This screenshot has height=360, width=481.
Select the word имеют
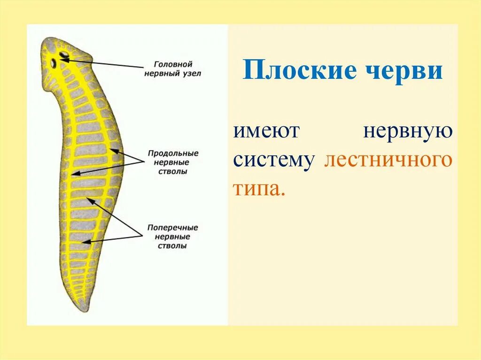click(266, 131)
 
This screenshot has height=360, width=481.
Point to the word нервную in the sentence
click(408, 131)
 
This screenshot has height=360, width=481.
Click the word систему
click(274, 161)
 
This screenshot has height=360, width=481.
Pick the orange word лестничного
click(388, 161)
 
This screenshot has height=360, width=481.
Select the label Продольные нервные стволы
click(173, 162)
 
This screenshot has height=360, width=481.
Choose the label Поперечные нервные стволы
click(173, 236)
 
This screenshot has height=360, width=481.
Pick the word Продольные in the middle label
click(173, 153)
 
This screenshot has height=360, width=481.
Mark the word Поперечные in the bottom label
click(173, 227)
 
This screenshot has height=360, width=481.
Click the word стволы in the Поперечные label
click(173, 245)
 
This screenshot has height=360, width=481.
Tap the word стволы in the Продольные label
click(173, 171)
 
